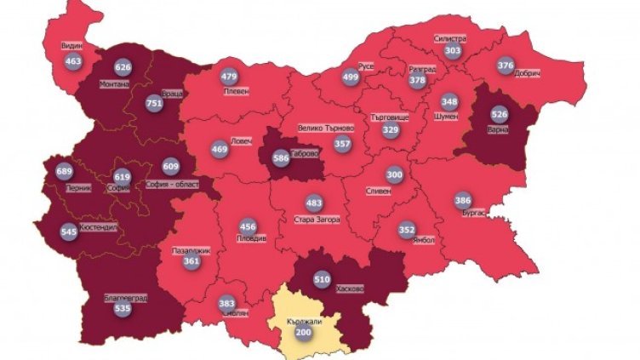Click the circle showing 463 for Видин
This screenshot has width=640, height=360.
(x=72, y=61)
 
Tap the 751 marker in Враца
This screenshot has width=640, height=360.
(x=154, y=103)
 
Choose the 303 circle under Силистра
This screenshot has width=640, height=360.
(x=453, y=51)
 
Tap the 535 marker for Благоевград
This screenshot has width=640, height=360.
(x=123, y=308)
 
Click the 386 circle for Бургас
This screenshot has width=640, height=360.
(x=462, y=200)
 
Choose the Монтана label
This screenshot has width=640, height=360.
(x=113, y=84)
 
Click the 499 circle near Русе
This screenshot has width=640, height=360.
(x=350, y=76)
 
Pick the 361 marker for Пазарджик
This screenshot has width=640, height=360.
(x=191, y=262)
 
